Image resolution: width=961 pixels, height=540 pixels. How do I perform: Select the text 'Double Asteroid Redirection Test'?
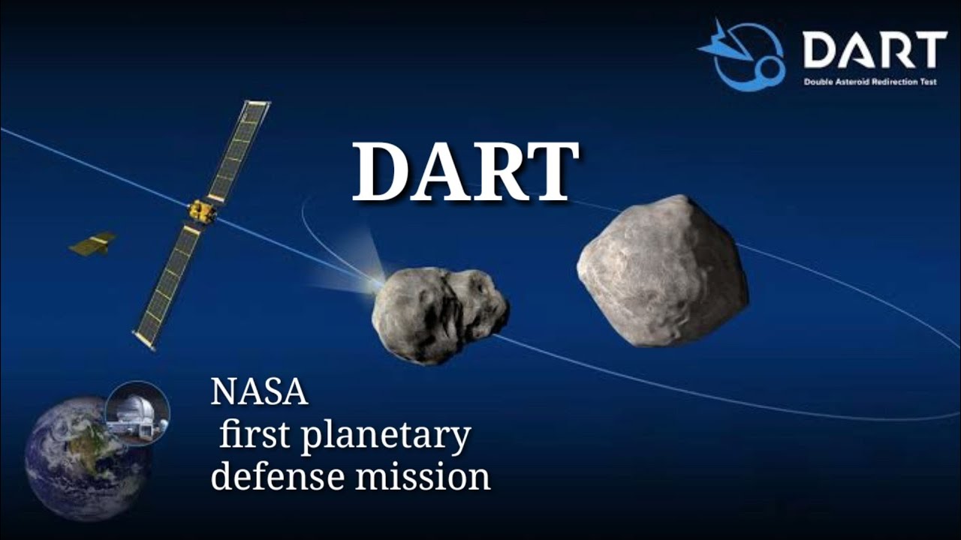[870, 81]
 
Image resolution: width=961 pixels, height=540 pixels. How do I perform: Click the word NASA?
[259, 392]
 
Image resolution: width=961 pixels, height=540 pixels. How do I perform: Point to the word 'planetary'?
[386, 436]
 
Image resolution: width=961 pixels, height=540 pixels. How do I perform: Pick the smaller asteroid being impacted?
[439, 315]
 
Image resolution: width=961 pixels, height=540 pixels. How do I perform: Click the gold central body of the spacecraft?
[202, 212]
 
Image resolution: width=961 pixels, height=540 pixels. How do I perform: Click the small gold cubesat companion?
[93, 244]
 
